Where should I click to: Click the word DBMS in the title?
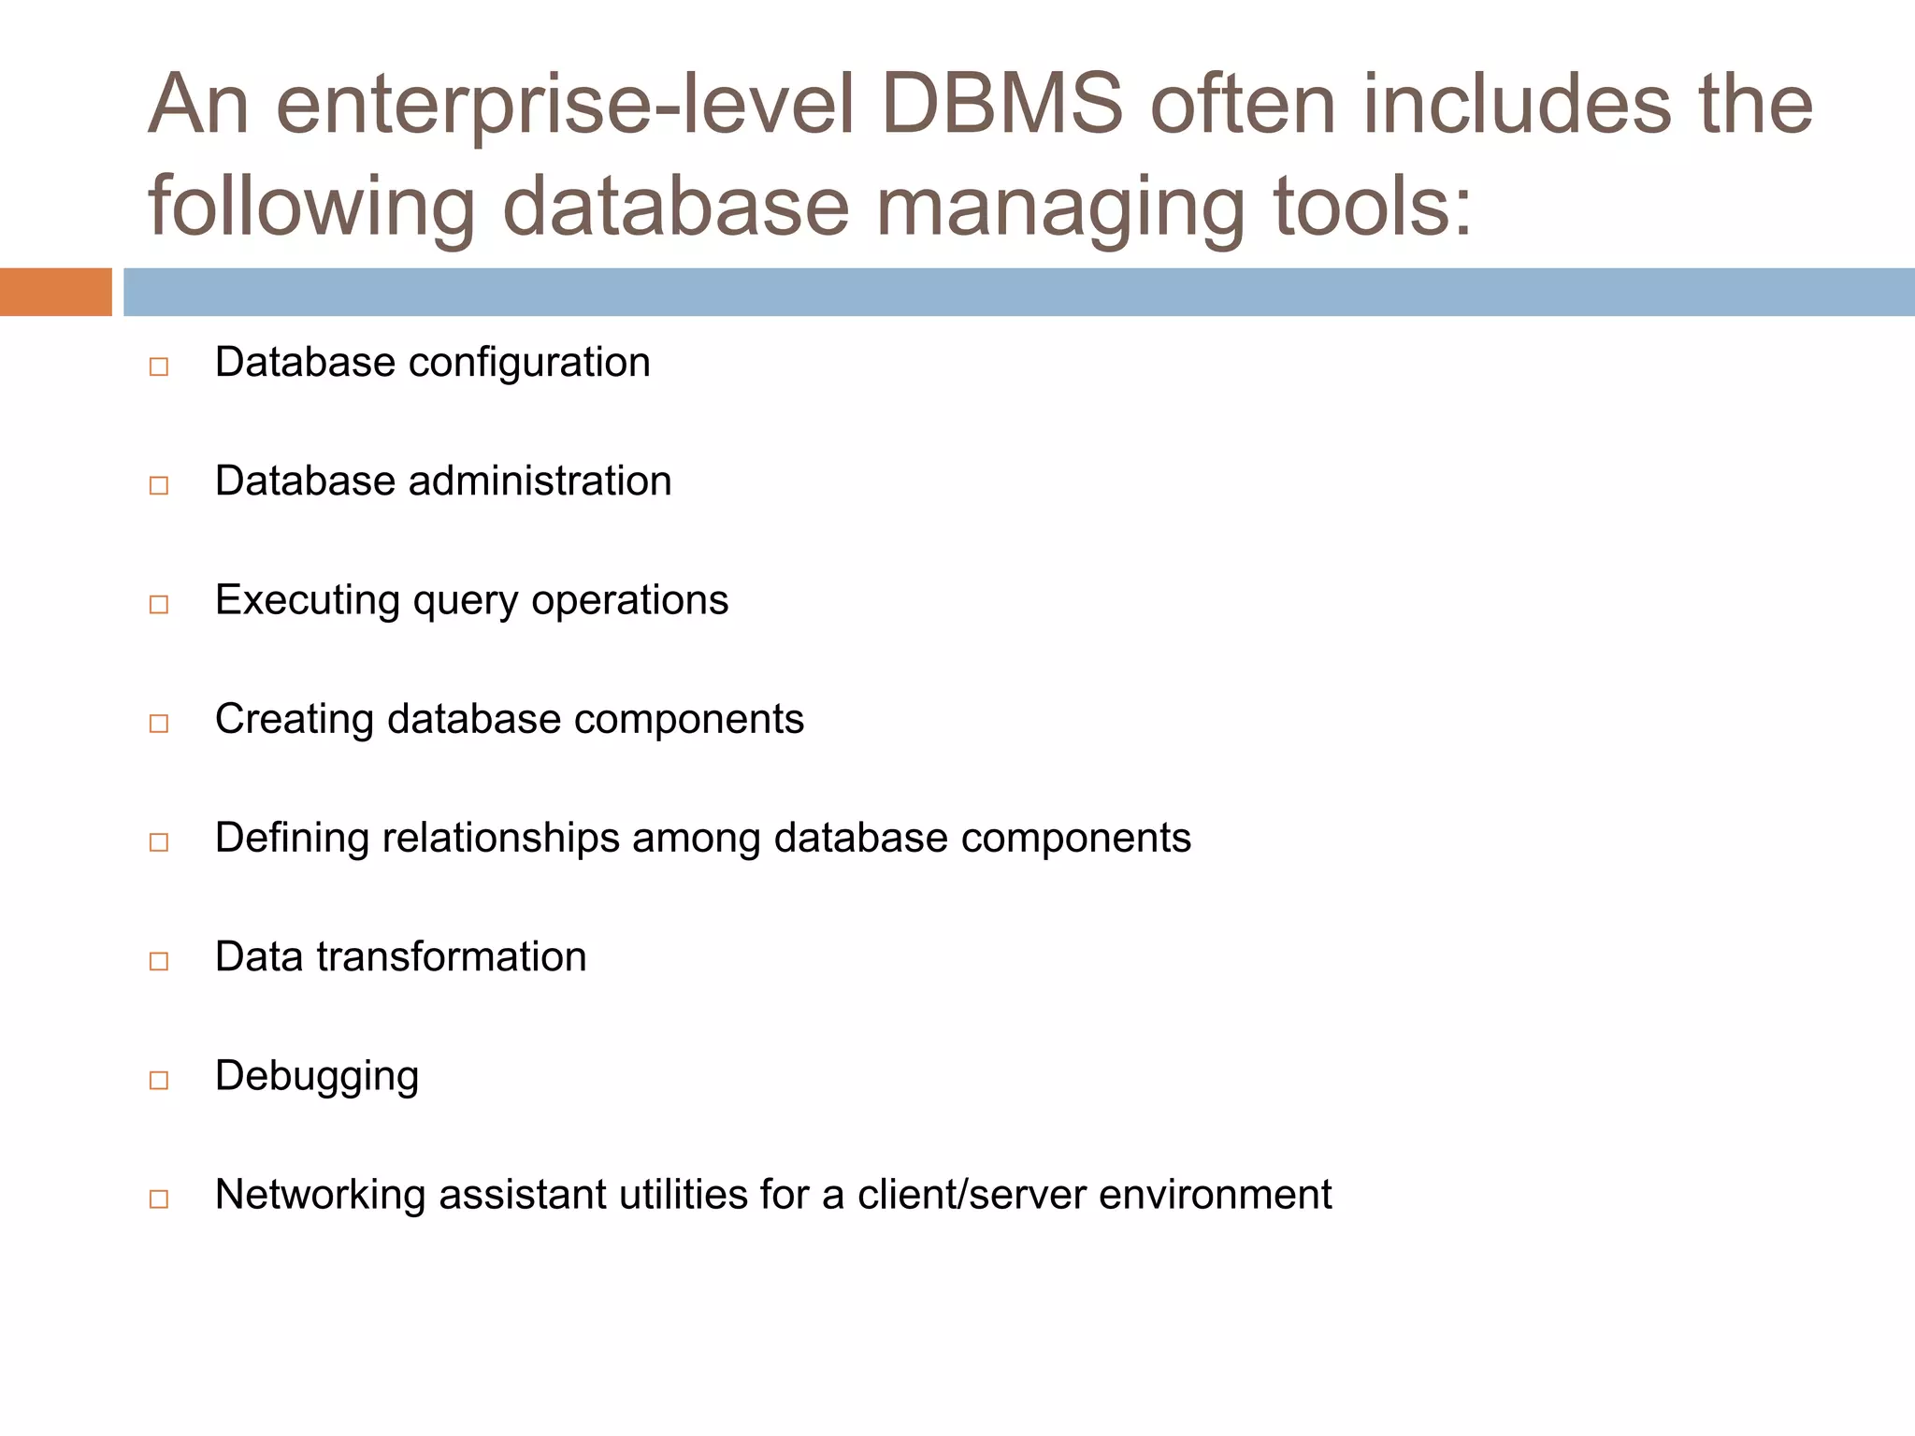(x=1001, y=105)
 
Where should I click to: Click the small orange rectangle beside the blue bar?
(x=55, y=292)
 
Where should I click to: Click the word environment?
(x=1216, y=1195)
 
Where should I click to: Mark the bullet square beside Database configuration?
(x=159, y=366)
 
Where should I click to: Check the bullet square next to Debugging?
(x=159, y=1081)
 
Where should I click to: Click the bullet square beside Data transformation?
(x=159, y=961)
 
